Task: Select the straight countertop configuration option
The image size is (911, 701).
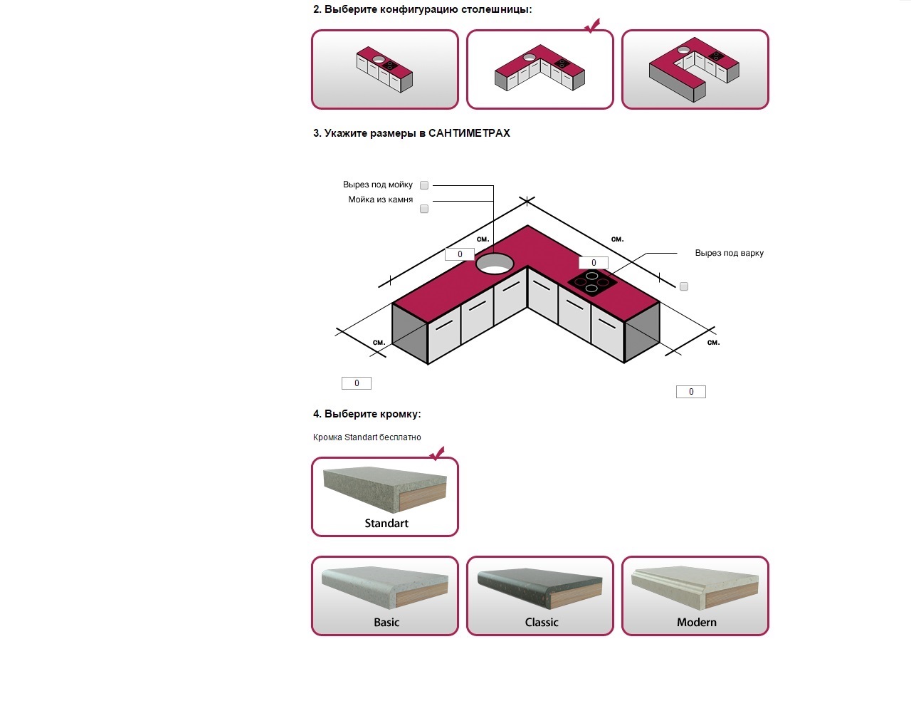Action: [385, 69]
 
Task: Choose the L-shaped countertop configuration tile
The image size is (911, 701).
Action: [540, 69]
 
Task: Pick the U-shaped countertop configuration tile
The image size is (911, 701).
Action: [695, 69]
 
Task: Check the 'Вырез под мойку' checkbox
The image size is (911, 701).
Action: [424, 185]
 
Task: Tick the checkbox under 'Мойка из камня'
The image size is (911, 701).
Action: [424, 209]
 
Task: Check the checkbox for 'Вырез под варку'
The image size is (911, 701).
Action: [684, 286]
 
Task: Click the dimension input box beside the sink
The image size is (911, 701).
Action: [460, 254]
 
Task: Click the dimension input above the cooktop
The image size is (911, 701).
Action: [594, 263]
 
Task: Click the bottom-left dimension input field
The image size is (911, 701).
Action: [357, 383]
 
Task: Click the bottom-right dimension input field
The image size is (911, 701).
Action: [691, 392]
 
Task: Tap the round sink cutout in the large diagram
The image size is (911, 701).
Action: [495, 264]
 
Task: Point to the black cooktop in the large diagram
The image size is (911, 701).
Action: [592, 282]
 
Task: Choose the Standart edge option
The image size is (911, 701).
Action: [385, 497]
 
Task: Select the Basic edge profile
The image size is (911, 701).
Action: [385, 596]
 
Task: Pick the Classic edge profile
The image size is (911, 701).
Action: [540, 596]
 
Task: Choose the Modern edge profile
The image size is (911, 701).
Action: [695, 596]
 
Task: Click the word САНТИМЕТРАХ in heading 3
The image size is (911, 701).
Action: [469, 133]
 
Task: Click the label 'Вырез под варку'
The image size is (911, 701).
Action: [729, 253]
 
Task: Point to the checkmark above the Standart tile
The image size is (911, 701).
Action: [437, 454]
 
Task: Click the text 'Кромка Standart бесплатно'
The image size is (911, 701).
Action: [367, 437]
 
